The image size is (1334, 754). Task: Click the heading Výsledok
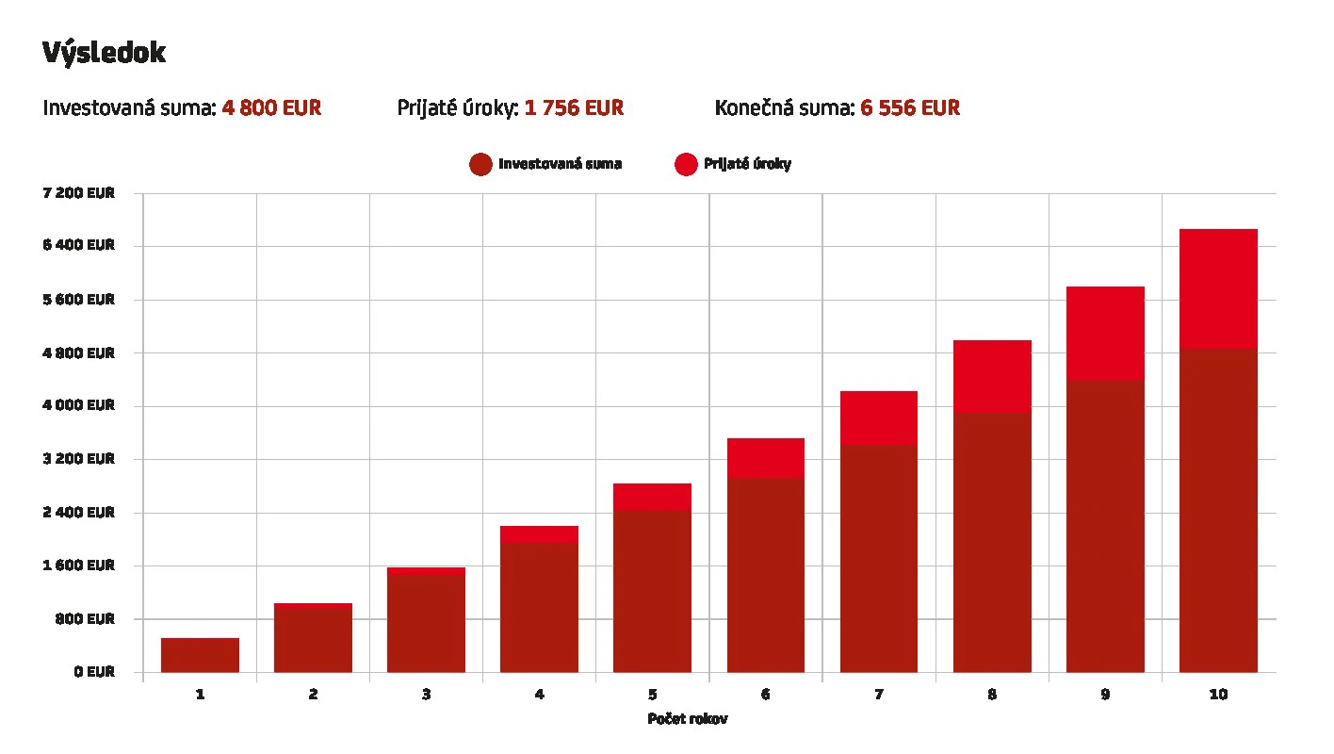click(104, 54)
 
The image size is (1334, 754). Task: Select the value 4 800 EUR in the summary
click(271, 108)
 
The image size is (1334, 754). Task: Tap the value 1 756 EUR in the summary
click(574, 108)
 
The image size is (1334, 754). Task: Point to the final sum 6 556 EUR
click(909, 108)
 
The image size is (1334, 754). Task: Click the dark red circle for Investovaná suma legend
click(480, 164)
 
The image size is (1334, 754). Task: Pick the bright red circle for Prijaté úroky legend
click(686, 164)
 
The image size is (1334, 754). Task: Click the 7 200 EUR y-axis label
click(79, 193)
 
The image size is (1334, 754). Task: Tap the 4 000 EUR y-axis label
click(79, 406)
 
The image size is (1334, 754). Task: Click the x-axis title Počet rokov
click(687, 719)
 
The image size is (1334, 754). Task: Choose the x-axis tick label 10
click(1218, 696)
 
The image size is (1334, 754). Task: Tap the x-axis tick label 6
click(765, 696)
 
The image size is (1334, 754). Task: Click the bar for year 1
click(200, 655)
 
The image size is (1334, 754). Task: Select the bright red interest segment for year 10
click(1218, 288)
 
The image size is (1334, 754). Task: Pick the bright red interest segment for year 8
click(992, 376)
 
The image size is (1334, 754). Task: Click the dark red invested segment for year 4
click(539, 607)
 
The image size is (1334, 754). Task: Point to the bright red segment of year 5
click(652, 497)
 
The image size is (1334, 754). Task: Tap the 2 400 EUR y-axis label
click(79, 513)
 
